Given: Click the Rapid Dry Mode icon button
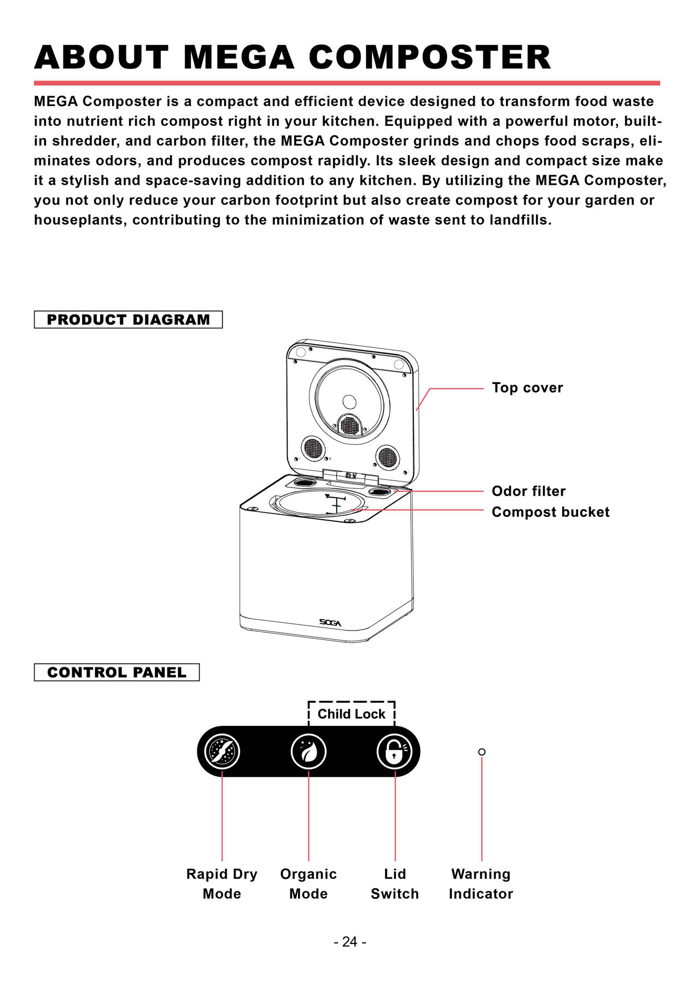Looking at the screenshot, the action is (222, 752).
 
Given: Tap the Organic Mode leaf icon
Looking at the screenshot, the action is (308, 752).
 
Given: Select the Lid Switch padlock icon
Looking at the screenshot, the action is (395, 752).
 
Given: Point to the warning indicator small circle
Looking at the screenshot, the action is (482, 752).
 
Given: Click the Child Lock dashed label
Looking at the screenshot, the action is (352, 714).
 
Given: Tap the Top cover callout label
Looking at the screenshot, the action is (527, 388).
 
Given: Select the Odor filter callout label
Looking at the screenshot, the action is (529, 491).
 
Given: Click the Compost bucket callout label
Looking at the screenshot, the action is (551, 512).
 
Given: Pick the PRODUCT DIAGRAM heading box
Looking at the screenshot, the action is (129, 319).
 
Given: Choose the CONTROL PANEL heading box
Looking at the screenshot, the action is (117, 672).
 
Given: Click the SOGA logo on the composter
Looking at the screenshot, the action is (330, 622).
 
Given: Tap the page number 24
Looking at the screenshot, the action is (350, 942).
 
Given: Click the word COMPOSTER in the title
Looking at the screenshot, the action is (430, 57).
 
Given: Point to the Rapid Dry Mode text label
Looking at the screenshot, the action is (222, 884).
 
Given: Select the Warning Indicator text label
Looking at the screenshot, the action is (481, 884).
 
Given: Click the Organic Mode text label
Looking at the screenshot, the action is (308, 884).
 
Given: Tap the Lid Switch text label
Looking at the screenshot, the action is (395, 884).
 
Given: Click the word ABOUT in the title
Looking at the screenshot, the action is (102, 57).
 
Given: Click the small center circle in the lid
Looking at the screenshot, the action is (349, 402).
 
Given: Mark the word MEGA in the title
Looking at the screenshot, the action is (239, 57).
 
